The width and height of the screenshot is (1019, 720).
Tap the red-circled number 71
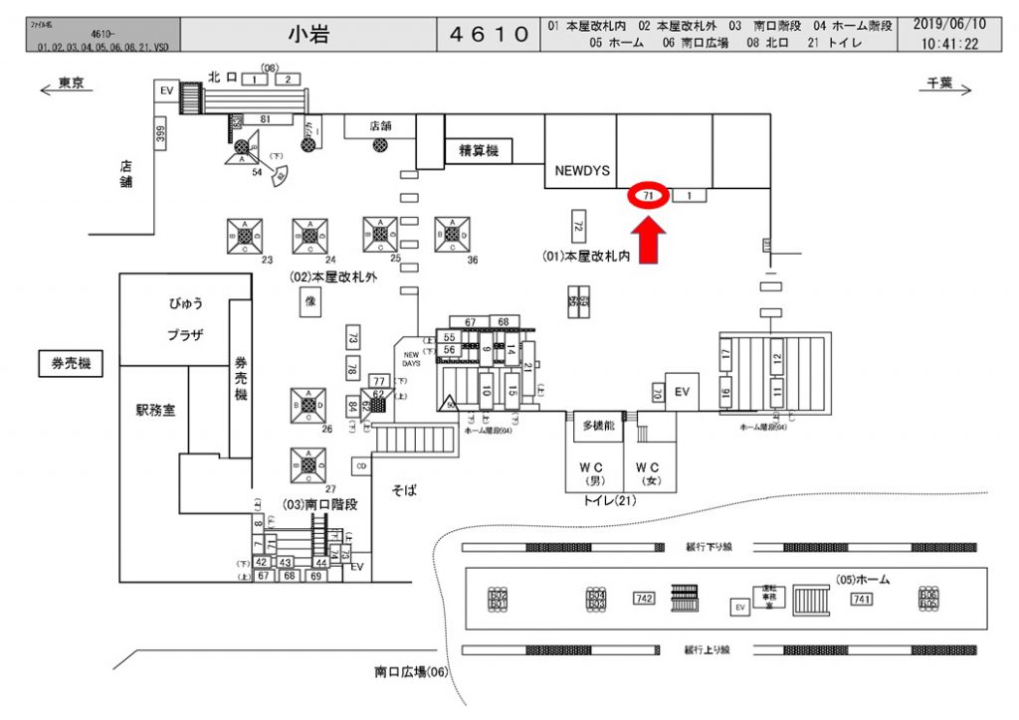tap(648, 196)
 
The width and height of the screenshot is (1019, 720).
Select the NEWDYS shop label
tap(579, 170)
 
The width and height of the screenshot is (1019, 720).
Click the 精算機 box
tap(478, 151)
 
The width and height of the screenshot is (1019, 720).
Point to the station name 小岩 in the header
tap(309, 35)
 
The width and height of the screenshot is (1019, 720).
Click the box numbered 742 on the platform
tap(643, 598)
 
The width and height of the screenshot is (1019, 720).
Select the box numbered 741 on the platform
tap(861, 598)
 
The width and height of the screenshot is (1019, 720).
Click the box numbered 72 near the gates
tap(577, 223)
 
